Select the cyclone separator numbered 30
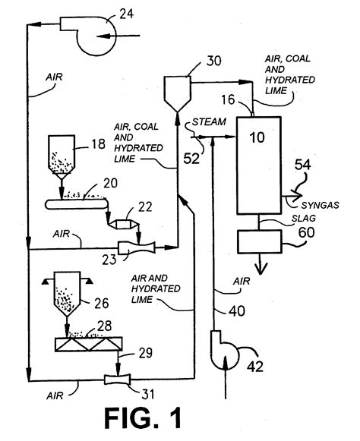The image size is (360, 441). coord(176,89)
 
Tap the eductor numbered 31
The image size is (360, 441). coord(120,377)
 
